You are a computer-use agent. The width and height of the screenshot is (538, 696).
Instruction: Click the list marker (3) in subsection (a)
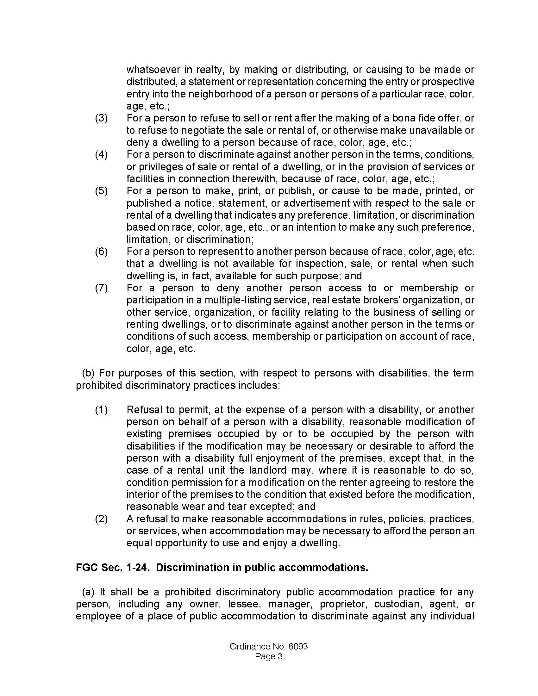pyautogui.click(x=101, y=118)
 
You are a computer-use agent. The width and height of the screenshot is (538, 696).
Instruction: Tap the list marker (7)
pyautogui.click(x=101, y=288)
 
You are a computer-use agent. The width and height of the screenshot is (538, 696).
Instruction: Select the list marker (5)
pyautogui.click(x=101, y=191)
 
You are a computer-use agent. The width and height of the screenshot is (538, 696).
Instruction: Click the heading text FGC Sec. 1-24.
pyautogui.click(x=113, y=567)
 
